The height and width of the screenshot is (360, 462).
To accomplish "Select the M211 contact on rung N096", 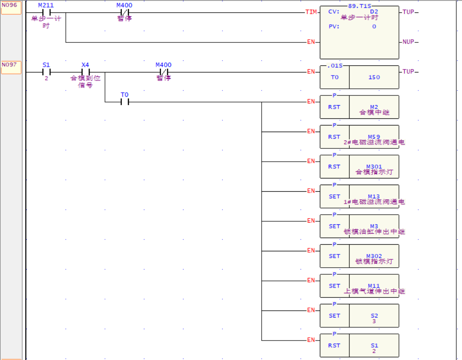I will (x=46, y=12).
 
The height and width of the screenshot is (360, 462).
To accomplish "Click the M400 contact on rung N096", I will (x=124, y=12).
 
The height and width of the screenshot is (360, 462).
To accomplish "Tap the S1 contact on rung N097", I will (x=46, y=72).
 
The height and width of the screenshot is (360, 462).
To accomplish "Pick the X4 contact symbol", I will (x=85, y=72).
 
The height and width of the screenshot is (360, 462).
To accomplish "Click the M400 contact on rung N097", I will (x=163, y=72).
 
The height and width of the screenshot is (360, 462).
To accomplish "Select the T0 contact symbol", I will (x=124, y=102).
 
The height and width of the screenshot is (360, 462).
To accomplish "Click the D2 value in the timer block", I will (x=374, y=12).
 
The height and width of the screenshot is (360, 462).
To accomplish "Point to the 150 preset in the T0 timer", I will (x=374, y=77).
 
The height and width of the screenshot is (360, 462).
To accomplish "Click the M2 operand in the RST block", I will (x=374, y=107).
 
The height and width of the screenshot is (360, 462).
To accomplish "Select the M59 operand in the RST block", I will (x=374, y=137).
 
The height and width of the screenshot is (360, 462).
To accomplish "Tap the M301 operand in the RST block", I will (x=374, y=167).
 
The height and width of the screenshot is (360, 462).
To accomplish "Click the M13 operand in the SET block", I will (x=374, y=197).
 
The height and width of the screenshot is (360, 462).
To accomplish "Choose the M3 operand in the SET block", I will (x=374, y=226).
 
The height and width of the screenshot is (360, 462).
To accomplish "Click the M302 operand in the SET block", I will (x=374, y=256).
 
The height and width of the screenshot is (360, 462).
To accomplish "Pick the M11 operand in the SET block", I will (x=374, y=286).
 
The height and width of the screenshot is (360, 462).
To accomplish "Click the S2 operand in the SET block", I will (x=374, y=316).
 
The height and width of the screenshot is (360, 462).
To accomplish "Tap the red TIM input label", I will (x=311, y=12).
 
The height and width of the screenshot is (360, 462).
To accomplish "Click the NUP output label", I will (x=408, y=42).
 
